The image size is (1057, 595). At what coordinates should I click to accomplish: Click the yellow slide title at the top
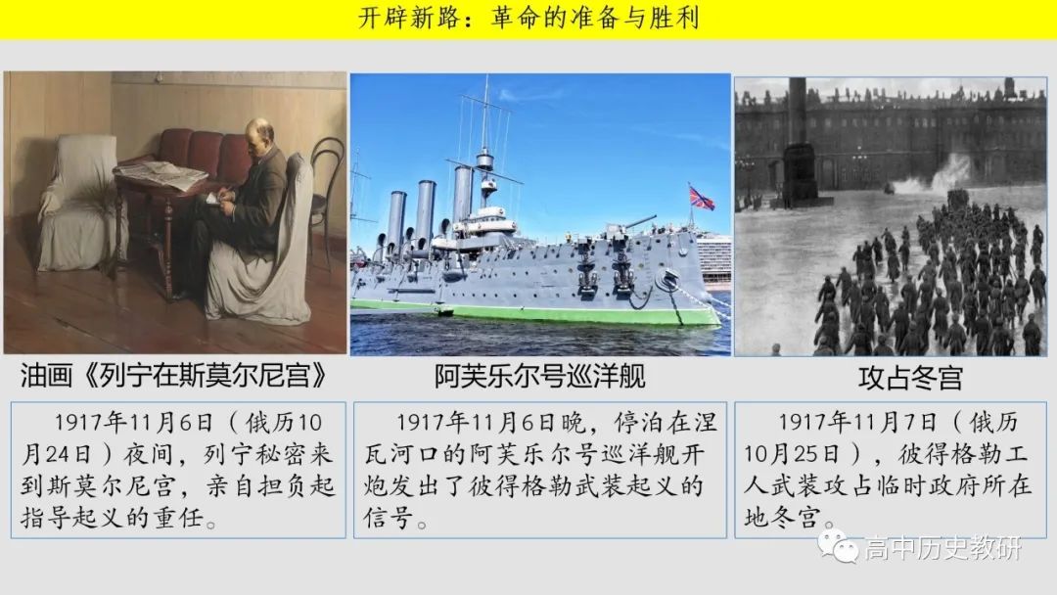click(x=528, y=18)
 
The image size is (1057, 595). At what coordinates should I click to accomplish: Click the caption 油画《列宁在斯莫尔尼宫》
click(x=174, y=376)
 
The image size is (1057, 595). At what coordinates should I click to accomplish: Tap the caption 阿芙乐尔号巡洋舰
click(x=539, y=376)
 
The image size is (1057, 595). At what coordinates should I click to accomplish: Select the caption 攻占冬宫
click(x=909, y=378)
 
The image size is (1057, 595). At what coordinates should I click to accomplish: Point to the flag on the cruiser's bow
click(x=701, y=198)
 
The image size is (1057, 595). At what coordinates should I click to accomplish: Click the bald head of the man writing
click(x=259, y=133)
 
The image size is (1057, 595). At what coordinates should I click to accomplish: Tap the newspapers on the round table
click(x=161, y=174)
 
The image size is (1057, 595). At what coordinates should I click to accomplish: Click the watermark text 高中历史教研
click(x=943, y=548)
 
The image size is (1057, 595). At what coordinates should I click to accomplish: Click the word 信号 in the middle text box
click(x=389, y=518)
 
